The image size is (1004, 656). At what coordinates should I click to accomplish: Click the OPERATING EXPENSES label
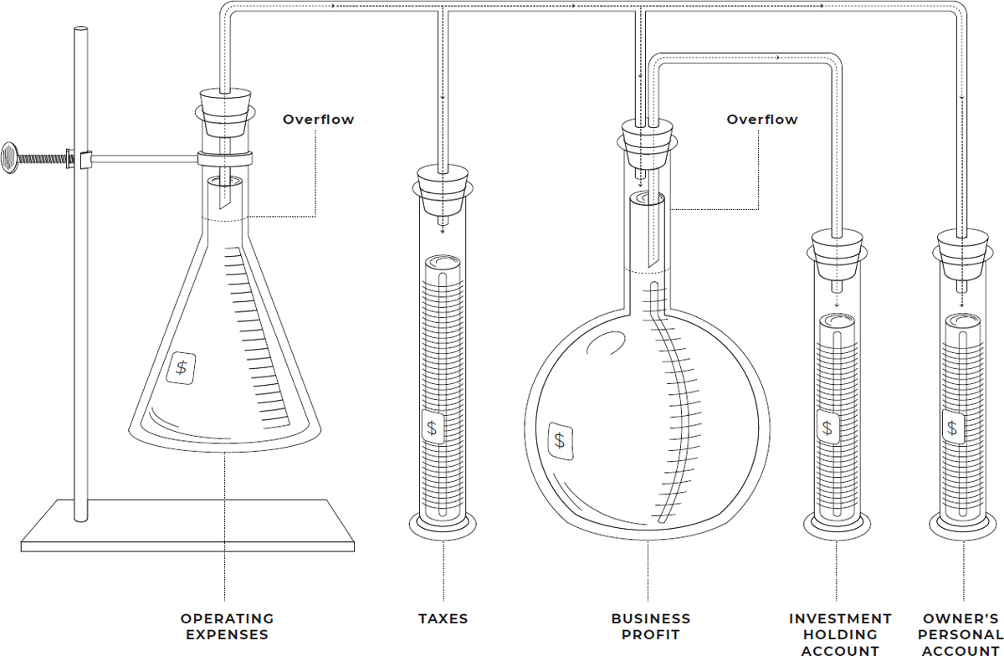[228, 627]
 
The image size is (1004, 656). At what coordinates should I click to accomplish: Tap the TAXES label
[443, 619]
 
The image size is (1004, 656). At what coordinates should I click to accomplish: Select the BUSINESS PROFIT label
[651, 627]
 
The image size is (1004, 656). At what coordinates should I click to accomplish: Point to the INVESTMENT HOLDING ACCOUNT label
[840, 634]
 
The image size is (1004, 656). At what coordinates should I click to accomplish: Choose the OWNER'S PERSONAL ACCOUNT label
[960, 634]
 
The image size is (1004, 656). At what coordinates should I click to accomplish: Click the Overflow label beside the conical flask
[319, 120]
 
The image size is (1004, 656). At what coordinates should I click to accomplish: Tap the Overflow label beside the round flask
[762, 120]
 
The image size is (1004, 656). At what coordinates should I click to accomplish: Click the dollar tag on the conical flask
[181, 367]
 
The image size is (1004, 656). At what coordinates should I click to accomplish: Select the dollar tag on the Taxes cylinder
[433, 428]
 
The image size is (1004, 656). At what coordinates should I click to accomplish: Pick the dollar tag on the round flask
[561, 441]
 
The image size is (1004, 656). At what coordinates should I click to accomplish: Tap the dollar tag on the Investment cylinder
[827, 428]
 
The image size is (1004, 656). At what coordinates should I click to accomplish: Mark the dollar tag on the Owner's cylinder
[953, 428]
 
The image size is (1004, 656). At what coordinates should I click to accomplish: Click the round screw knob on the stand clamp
[9, 158]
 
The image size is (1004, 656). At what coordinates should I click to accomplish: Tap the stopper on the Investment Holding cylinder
[838, 255]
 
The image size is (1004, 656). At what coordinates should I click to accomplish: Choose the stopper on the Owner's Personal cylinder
[963, 255]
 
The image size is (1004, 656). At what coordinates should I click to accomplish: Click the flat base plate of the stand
[187, 525]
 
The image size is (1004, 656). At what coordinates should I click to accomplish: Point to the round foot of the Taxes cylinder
[443, 527]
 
